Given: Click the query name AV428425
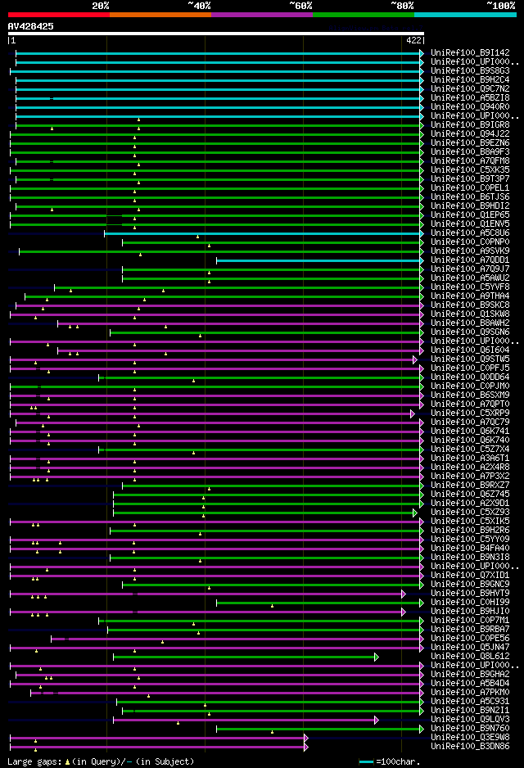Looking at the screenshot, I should tap(31, 26).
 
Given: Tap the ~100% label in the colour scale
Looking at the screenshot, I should tap(500, 5).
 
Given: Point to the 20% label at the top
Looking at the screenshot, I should tap(101, 5).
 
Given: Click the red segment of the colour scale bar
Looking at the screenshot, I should tap(58, 14).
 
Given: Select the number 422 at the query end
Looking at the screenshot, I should tap(413, 40).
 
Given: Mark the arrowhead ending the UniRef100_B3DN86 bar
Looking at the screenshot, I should tap(305, 747).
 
